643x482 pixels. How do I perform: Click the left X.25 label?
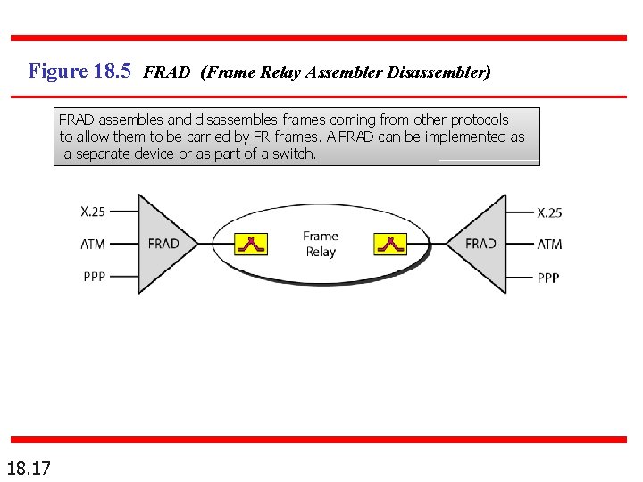click(93, 212)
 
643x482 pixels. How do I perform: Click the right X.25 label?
click(549, 212)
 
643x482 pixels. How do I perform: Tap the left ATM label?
click(93, 244)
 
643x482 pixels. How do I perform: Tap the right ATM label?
click(549, 244)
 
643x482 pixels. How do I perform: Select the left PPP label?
click(94, 277)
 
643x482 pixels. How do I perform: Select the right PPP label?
click(548, 278)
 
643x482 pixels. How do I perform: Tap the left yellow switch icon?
click(251, 244)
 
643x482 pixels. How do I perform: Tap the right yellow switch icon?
click(390, 244)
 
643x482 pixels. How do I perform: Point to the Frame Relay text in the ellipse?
click(321, 244)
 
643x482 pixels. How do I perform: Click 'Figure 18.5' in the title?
click(79, 71)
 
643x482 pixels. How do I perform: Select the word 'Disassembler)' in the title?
click(438, 72)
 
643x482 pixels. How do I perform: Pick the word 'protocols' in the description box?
click(480, 120)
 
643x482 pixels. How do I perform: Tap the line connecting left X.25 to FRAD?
click(124, 212)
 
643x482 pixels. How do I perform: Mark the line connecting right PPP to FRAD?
click(520, 277)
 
